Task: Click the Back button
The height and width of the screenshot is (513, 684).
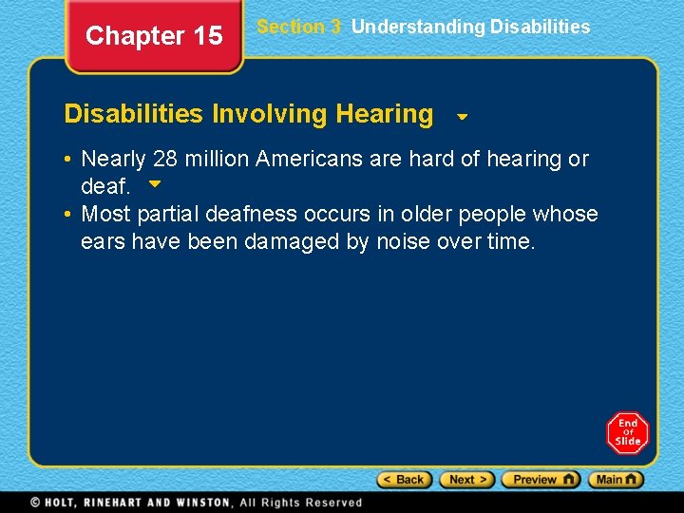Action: (404, 480)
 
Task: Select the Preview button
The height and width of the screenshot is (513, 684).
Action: (541, 480)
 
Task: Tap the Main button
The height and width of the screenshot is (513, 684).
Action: (616, 480)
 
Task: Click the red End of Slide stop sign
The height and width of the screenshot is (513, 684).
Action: (628, 433)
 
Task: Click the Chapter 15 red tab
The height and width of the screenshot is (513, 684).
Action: (154, 37)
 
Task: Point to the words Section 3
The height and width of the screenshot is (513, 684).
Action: (298, 27)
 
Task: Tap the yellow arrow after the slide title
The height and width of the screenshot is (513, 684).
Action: (462, 118)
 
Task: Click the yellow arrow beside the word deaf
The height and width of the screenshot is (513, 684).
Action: (156, 183)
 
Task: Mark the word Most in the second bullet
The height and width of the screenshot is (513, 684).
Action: (105, 214)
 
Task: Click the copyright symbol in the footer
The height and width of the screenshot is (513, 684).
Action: (34, 503)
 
